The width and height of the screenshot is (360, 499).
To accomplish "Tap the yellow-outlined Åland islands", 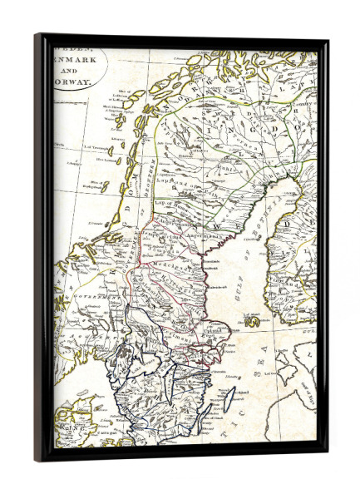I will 251,319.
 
